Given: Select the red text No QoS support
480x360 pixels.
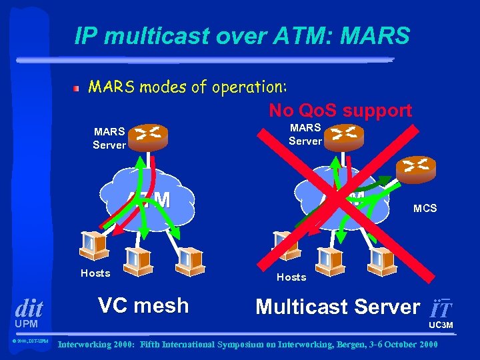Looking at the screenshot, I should (340, 110).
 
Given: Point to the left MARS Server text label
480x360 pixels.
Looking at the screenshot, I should (109, 137).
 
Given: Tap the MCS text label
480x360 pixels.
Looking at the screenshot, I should (425, 209).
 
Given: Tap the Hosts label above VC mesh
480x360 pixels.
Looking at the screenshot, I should (95, 273).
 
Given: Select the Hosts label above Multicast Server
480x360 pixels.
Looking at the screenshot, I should (291, 277).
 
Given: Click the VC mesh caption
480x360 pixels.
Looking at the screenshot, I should (143, 305).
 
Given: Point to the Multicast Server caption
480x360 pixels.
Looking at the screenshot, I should (337, 307).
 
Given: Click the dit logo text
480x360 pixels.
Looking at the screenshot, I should (29, 308).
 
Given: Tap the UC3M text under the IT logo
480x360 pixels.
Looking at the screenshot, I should (440, 325).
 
